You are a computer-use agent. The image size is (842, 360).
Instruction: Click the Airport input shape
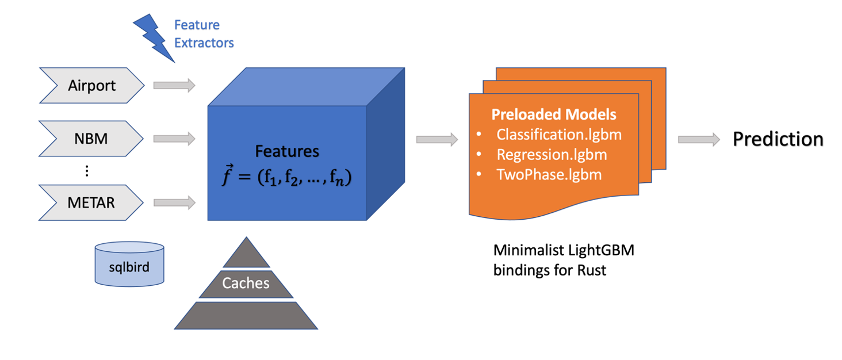pos(92,86)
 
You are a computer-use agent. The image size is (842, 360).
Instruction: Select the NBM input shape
pos(92,139)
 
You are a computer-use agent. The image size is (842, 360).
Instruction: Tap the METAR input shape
pos(92,202)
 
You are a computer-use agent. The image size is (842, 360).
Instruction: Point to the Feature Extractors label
pos(204,34)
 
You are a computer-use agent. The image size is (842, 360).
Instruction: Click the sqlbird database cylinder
pos(129,264)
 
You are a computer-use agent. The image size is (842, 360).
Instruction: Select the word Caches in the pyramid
pos(246,283)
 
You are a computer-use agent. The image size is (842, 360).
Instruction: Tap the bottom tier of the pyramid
pos(246,315)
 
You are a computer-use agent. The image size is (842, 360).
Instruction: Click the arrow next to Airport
pos(174,86)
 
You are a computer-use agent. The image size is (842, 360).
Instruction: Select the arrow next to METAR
pos(174,202)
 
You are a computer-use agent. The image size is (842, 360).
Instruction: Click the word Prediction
pos(778,139)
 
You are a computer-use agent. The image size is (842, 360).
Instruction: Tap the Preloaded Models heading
pos(553,114)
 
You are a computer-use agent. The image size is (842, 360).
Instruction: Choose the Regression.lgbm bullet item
pos(552,155)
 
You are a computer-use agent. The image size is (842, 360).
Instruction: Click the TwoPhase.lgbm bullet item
pos(549,175)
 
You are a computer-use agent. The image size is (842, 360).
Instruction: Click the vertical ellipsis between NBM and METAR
pos(87,171)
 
